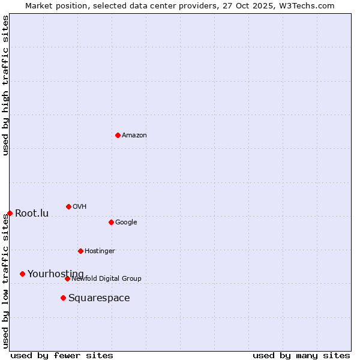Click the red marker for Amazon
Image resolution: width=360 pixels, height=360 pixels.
(x=118, y=135)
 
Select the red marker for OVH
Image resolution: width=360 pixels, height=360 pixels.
(x=68, y=206)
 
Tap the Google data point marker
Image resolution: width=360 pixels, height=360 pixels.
(x=111, y=222)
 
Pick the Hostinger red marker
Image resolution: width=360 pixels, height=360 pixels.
(x=80, y=251)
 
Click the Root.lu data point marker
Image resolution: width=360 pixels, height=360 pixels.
(x=10, y=213)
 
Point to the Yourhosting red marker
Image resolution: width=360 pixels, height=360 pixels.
(x=22, y=274)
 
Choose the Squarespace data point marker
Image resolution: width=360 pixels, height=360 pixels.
(x=63, y=298)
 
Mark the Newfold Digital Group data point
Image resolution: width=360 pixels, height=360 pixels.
(x=67, y=278)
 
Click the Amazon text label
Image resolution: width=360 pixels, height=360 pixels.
(x=134, y=135)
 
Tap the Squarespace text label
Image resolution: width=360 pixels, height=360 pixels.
(x=99, y=298)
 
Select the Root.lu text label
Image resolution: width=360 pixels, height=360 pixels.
(x=32, y=213)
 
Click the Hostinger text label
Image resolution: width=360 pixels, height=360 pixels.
(x=100, y=251)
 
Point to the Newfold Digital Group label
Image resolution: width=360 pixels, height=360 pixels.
(x=106, y=278)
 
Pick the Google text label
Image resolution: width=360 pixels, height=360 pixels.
(x=126, y=222)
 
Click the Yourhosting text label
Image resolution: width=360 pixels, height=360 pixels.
(x=56, y=274)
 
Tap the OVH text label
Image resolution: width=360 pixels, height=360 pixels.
(x=80, y=206)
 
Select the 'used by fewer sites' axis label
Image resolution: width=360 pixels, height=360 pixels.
(x=62, y=355)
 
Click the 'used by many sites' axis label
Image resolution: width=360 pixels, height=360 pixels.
(x=301, y=355)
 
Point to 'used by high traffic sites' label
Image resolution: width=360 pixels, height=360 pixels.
(x=5, y=85)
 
